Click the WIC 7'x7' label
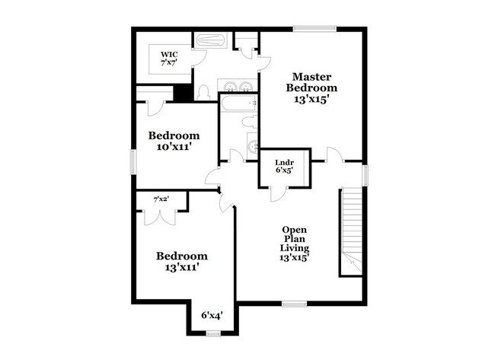tap(169, 59)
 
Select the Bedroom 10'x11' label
tap(174, 141)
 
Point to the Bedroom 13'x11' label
tap(182, 262)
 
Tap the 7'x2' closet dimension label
tap(161, 199)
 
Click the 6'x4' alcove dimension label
tap(212, 314)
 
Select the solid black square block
tap(182, 93)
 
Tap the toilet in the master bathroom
tap(203, 92)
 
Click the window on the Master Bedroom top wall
tap(315, 30)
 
